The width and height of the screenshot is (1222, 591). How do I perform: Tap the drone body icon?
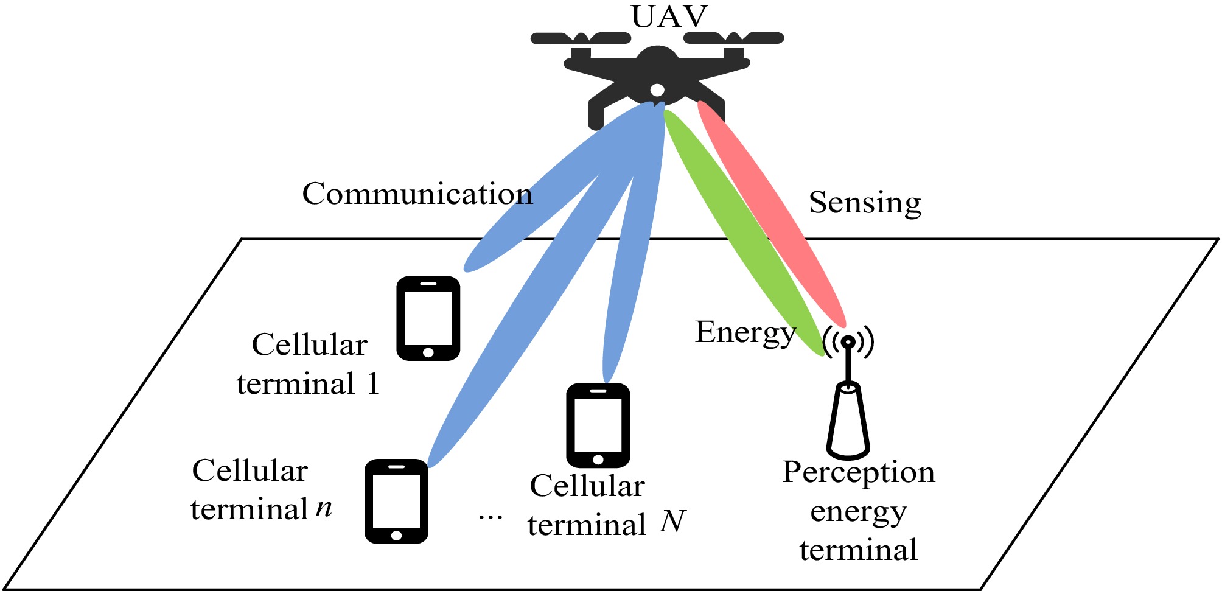[656, 73]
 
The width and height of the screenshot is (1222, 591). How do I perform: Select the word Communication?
[417, 194]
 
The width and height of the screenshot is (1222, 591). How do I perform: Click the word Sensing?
[864, 203]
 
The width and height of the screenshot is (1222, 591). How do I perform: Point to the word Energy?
[745, 333]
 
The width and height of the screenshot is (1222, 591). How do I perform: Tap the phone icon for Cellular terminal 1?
[428, 318]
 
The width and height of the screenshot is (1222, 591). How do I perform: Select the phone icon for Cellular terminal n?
[396, 501]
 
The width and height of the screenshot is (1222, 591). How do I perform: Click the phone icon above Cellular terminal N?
[598, 425]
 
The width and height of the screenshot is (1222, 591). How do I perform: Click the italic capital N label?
[672, 522]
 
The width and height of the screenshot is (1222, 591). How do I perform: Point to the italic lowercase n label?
[324, 507]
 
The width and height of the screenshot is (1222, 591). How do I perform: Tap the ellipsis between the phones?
[490, 518]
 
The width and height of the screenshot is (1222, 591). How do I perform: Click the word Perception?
[858, 472]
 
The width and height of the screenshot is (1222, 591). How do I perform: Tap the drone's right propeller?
[734, 38]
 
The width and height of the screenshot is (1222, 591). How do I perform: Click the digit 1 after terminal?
[372, 384]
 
